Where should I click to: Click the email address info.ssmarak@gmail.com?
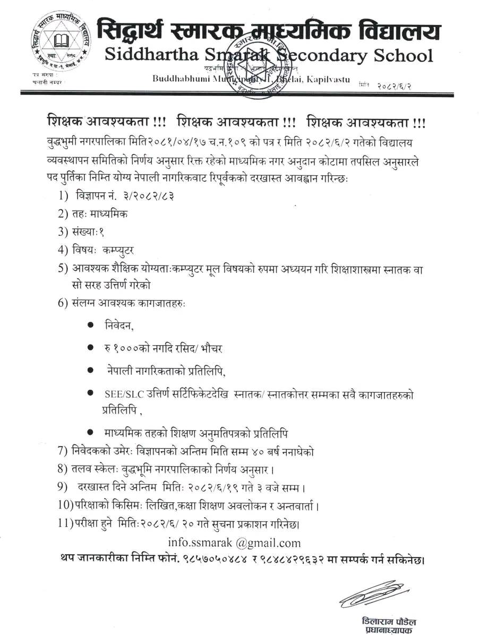[x=234, y=543]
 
